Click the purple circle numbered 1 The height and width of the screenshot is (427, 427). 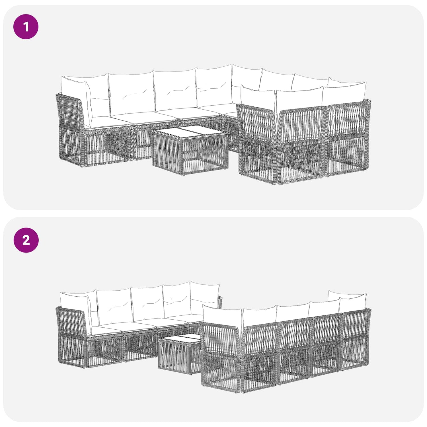pyautogui.click(x=26, y=27)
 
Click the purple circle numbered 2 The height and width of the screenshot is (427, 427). pyautogui.click(x=26, y=240)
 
